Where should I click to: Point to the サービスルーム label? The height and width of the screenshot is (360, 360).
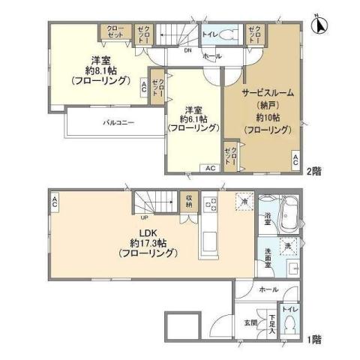[266, 93]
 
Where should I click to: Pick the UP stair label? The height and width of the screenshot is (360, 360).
[142, 217]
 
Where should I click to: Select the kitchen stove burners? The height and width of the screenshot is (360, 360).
[211, 205]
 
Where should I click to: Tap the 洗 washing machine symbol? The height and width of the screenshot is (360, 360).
[287, 246]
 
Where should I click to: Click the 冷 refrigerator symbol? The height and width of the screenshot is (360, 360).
[244, 200]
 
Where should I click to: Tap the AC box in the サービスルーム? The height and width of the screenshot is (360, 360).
[296, 158]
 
